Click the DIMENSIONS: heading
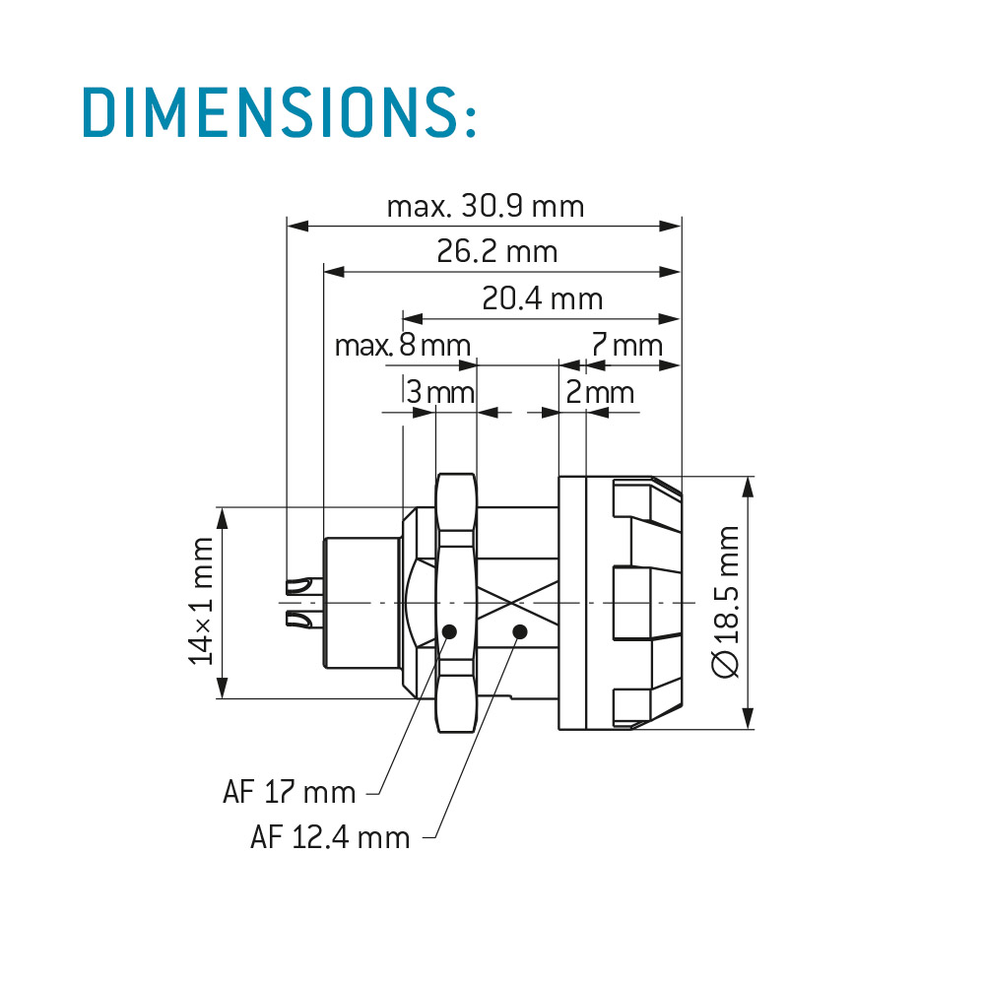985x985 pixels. click(280, 112)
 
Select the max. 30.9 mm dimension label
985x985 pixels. click(486, 206)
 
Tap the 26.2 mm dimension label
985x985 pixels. click(496, 251)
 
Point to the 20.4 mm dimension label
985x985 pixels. click(542, 298)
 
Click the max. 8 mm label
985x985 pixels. click(403, 345)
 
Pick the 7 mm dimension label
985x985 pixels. click(626, 345)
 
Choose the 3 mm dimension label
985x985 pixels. click(439, 392)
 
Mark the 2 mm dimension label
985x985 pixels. click(600, 392)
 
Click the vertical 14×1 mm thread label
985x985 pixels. click(202, 601)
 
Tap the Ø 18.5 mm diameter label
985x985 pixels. click(726, 602)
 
